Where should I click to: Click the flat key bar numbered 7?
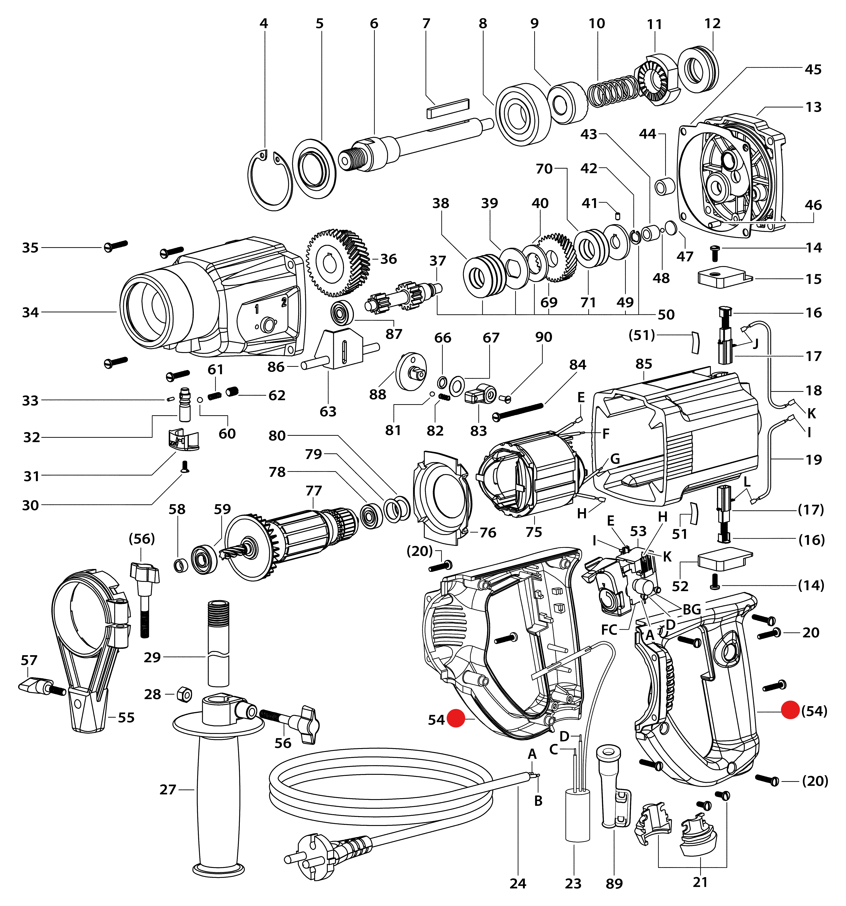[447, 109]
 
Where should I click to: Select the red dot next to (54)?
[790, 710]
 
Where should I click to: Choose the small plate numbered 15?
[724, 277]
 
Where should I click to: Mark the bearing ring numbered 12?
[698, 69]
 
